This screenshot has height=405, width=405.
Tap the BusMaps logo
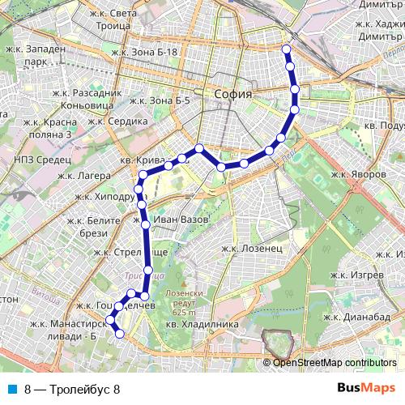[x=366, y=388]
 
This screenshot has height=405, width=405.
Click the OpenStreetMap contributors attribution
[x=334, y=362]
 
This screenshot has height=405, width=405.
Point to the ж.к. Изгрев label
[x=357, y=275]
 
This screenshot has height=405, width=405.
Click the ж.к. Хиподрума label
[x=105, y=196]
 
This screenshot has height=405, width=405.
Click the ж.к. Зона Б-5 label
[x=159, y=100]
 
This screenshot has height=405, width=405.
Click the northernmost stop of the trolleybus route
[x=285, y=49]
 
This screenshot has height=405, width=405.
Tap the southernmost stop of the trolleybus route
[x=119, y=334]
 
